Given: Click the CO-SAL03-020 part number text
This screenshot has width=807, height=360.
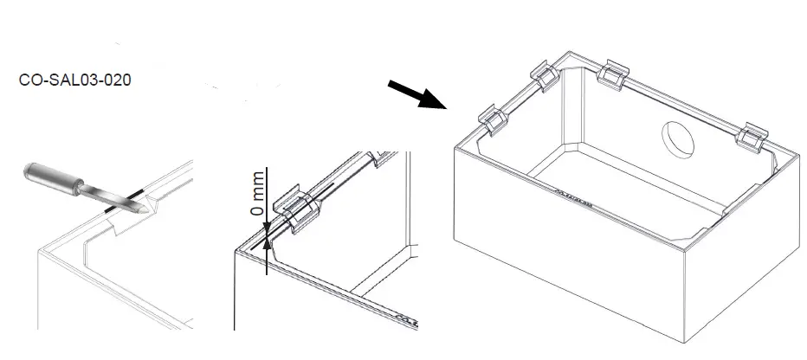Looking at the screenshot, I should pos(74,80).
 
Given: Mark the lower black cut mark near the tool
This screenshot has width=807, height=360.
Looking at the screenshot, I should pos(108,209).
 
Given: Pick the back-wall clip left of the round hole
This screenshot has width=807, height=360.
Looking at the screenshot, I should pos(615,74).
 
